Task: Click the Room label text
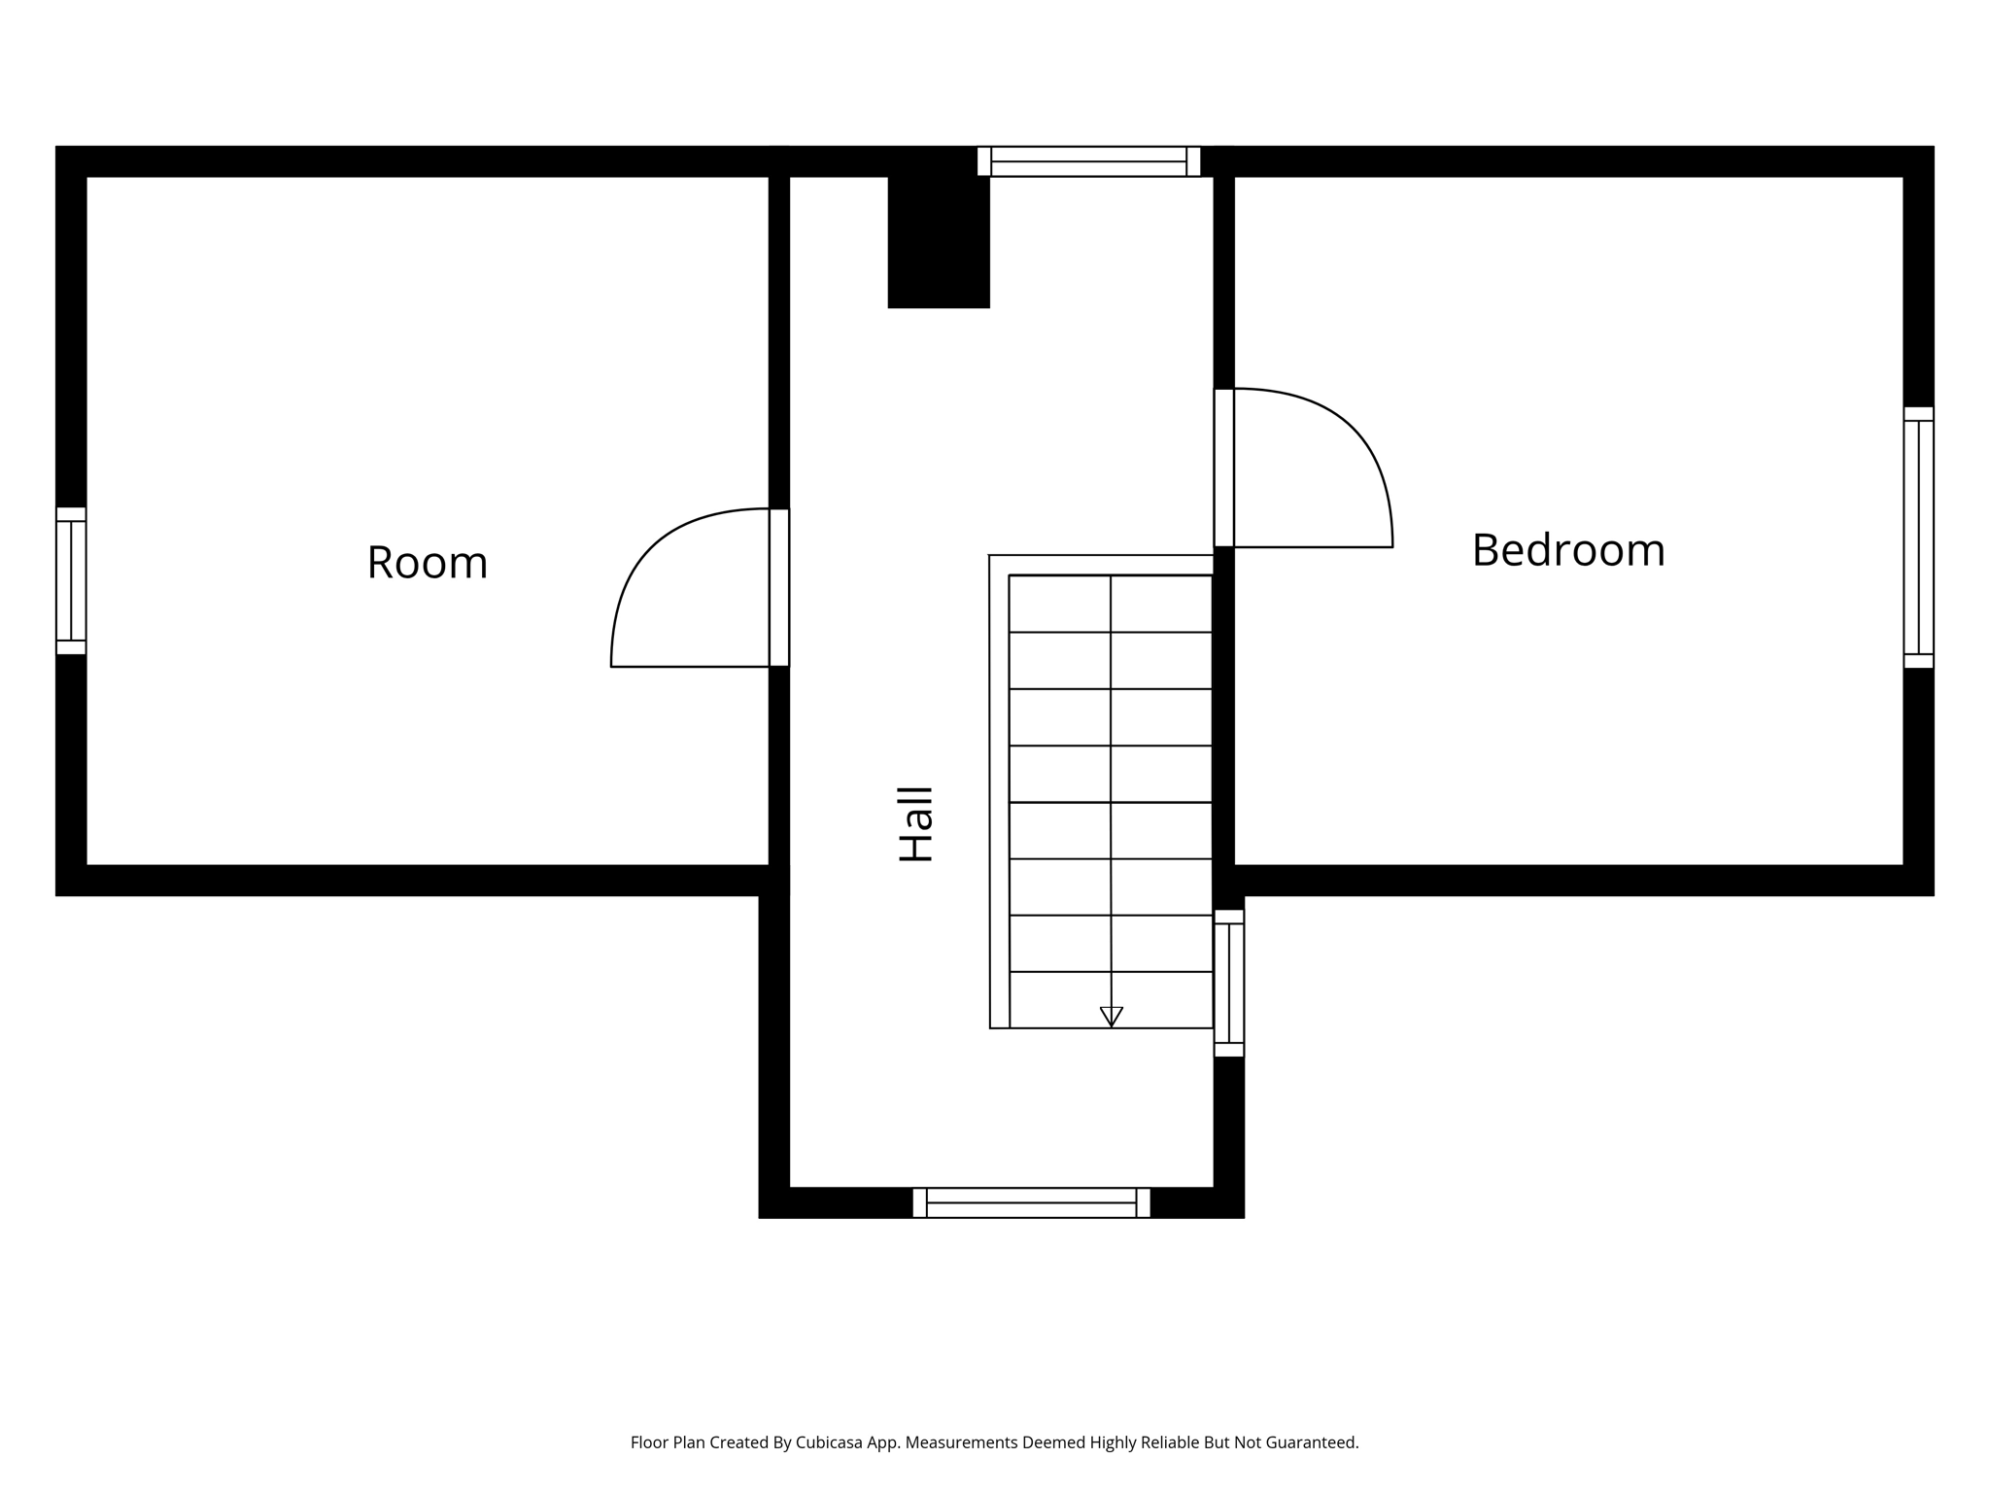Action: point(427,563)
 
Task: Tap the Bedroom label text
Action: point(1567,550)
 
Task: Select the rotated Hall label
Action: point(915,824)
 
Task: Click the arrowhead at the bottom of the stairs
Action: point(1111,1017)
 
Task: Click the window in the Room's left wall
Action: point(71,580)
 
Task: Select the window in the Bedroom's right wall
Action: point(1918,538)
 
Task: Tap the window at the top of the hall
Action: point(1088,161)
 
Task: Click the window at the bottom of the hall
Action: point(1031,1202)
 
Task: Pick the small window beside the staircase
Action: point(1228,983)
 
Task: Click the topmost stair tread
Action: point(1111,604)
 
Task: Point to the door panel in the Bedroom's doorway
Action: point(1224,468)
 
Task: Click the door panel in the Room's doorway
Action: point(778,587)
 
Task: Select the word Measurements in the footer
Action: point(961,1442)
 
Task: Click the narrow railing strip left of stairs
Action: point(999,792)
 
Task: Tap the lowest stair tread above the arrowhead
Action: point(1111,999)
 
